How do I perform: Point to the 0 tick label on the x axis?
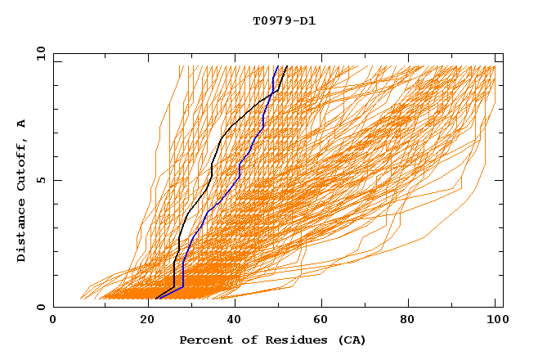(x=53, y=322)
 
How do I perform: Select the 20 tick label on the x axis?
(x=143, y=322)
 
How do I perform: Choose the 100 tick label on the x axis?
(x=495, y=322)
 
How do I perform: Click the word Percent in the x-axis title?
(x=205, y=340)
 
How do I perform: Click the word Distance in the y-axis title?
(x=22, y=230)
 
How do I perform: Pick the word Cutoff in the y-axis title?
(x=22, y=164)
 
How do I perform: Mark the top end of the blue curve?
(x=277, y=66)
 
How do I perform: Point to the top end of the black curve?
(x=286, y=66)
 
